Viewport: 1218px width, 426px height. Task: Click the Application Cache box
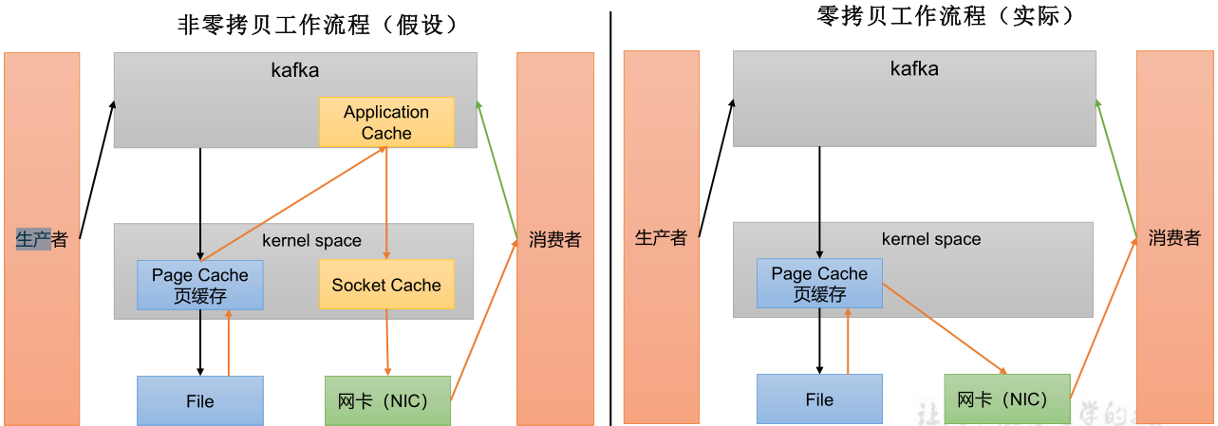386,122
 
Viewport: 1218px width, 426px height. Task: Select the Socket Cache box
386,285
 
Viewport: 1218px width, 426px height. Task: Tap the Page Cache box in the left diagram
199,285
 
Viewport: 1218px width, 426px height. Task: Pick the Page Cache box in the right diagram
819,284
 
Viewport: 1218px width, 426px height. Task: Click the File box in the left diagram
199,400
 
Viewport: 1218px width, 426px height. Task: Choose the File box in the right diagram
819,399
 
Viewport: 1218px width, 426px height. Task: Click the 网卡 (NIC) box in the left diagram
387,400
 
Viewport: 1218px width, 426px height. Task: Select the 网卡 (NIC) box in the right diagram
1006,399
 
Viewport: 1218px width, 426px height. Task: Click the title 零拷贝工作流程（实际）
946,16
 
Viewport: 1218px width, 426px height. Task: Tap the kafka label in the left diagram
294,70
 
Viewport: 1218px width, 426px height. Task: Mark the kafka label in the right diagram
914,68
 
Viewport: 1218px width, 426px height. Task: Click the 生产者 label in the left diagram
43,239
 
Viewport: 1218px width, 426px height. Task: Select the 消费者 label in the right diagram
1174,237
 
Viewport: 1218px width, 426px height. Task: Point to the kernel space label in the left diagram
311,240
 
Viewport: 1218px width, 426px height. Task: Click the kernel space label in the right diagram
931,239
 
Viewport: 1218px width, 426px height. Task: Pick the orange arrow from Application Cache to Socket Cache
386,204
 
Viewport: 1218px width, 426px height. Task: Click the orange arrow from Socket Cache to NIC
387,342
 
